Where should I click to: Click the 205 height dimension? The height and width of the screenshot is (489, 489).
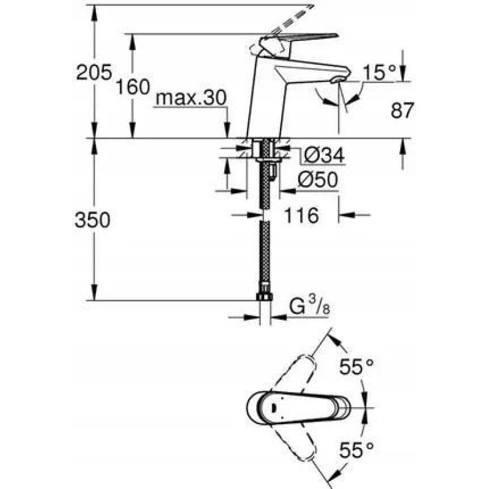[x=94, y=72]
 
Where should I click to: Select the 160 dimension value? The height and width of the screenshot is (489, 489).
[x=133, y=87]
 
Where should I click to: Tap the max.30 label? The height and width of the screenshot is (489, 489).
[x=191, y=98]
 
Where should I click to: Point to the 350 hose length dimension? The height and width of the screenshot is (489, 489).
[x=93, y=219]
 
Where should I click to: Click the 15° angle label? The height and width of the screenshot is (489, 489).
[x=380, y=73]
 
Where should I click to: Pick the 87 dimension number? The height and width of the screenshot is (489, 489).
[x=402, y=110]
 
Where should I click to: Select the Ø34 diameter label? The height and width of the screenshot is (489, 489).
[x=324, y=155]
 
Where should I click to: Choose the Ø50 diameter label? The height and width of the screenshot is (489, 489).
[x=317, y=180]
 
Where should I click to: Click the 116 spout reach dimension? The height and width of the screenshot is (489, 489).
[x=301, y=215]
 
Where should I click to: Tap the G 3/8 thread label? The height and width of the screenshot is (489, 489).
[x=309, y=306]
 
